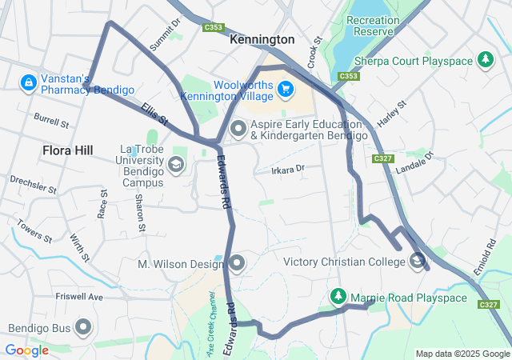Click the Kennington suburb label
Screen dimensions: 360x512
(x=262, y=39)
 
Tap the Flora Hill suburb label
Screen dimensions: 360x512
(x=68, y=150)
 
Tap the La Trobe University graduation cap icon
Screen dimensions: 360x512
(x=176, y=165)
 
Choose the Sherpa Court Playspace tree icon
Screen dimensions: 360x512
(x=485, y=59)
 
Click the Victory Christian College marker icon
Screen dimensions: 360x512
(x=418, y=261)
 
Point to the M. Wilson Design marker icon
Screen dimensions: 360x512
(x=238, y=262)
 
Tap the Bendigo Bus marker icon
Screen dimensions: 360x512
(x=83, y=327)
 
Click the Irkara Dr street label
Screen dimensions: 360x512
(x=288, y=170)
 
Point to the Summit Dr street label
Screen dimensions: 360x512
(x=166, y=34)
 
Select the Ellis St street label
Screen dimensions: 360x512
(x=155, y=114)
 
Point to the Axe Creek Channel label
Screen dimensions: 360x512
(x=212, y=324)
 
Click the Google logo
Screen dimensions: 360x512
(x=26, y=350)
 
